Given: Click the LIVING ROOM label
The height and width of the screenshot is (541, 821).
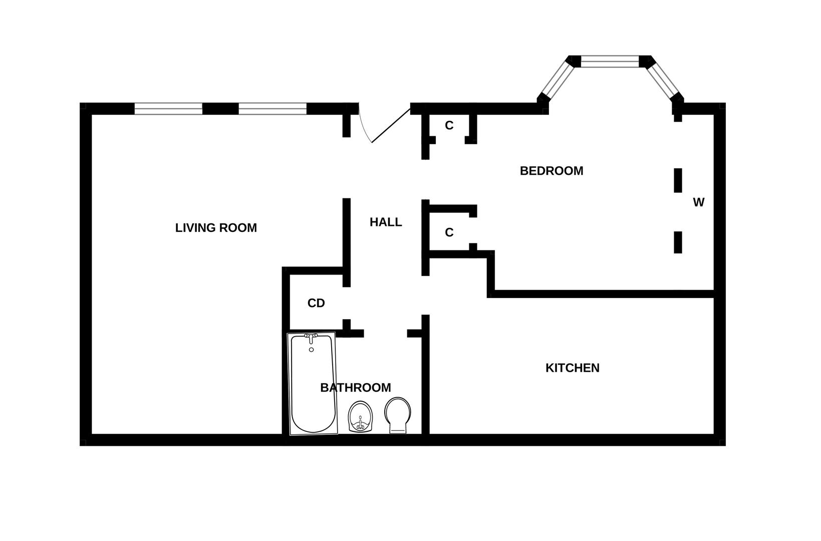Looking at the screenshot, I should point(216,228).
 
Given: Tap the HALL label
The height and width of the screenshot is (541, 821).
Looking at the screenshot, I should point(386,222).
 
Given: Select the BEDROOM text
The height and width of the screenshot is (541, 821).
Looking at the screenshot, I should point(552,171).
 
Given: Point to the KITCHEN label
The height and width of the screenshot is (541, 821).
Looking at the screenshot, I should point(572,368).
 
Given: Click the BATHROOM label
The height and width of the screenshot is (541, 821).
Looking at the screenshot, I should point(356,387).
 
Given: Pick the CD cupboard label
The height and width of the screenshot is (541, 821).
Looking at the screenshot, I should point(316,303).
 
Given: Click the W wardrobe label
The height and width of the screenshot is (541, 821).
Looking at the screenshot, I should point(698,202).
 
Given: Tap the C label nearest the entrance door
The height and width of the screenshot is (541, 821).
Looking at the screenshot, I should point(449,126).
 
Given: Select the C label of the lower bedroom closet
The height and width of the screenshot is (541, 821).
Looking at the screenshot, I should point(449,232).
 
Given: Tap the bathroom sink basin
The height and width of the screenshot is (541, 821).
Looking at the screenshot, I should point(361,417).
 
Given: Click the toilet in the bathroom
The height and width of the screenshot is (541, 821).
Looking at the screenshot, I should point(398,415).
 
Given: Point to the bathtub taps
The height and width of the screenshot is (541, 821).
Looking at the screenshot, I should point(311,338).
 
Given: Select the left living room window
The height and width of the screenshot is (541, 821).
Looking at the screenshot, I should point(168,109).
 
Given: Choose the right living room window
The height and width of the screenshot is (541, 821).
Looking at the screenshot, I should point(272,109).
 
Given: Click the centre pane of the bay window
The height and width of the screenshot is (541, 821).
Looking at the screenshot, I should point(610,62).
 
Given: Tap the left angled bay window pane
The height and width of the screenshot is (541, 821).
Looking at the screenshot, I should point(557,81).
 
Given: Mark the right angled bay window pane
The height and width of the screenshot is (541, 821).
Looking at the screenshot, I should point(663,81).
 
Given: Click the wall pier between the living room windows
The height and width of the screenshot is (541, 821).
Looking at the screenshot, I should point(220,109).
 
